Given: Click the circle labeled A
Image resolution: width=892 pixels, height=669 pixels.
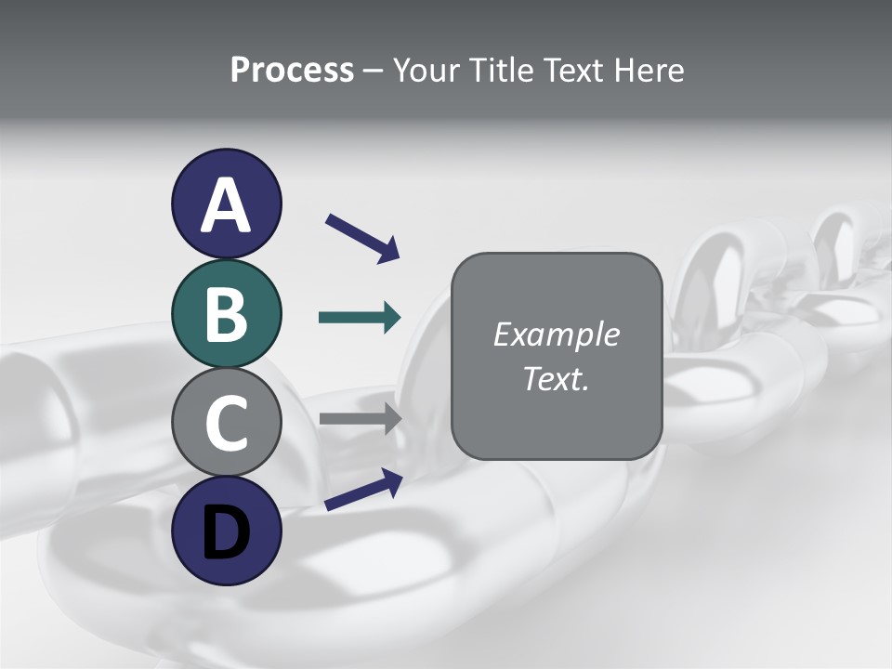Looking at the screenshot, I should (226, 203).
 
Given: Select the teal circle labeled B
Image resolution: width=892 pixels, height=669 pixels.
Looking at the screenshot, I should (226, 313).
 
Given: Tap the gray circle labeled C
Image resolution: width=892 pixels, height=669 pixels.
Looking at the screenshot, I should (226, 423).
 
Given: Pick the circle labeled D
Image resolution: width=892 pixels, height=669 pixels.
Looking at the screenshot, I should (226, 531).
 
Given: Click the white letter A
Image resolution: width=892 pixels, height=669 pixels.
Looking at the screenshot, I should (226, 205).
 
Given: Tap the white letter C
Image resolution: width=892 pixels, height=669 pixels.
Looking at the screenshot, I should (226, 424).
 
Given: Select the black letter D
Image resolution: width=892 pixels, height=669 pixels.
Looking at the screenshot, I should (226, 531).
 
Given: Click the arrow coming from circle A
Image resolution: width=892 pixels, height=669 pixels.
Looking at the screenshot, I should (361, 237).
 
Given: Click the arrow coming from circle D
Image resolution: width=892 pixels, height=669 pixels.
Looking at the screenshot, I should (362, 490).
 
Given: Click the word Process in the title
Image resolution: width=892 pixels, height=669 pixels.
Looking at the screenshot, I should (292, 70).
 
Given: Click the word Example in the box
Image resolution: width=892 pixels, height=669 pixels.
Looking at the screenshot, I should (556, 334).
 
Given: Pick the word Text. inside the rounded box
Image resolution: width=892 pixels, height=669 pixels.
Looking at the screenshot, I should (556, 379).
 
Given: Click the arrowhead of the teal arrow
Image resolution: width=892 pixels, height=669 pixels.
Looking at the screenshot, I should (390, 318).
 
